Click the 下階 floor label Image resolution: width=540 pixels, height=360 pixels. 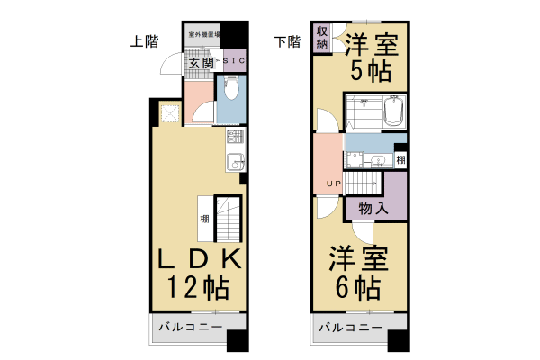287,40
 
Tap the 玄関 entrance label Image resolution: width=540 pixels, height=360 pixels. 201,62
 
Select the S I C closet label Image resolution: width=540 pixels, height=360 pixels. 233,61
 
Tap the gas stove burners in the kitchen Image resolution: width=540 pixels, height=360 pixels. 234,138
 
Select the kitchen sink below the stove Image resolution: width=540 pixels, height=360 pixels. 234,162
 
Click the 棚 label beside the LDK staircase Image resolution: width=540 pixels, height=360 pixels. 205,220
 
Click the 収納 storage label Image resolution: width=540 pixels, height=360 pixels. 321,39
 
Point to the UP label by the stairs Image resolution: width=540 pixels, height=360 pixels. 333,186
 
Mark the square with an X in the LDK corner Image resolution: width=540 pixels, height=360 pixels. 168,112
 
